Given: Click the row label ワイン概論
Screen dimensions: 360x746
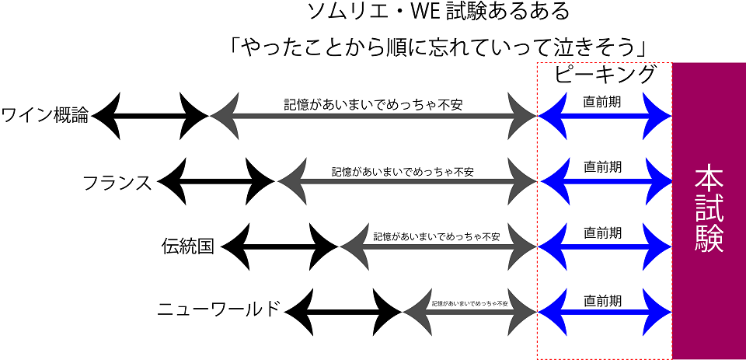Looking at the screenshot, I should click(46, 117).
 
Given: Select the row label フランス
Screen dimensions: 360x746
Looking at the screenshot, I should click(117, 183).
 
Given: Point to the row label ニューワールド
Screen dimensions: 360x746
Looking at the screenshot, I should click(218, 309).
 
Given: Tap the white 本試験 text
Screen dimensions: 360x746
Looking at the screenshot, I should click(709, 207).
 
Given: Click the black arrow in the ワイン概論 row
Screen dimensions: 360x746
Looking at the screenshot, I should click(150, 117).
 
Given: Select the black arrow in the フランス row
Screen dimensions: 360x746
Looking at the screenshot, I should click(217, 183).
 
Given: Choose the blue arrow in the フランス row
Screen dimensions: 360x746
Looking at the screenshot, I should click(605, 183).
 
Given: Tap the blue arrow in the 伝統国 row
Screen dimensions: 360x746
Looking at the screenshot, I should click(605, 248).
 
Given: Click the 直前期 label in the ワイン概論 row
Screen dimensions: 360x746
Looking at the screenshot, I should click(603, 100).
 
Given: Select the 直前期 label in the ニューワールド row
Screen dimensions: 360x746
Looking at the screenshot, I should click(603, 298).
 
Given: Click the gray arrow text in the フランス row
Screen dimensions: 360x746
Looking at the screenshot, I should click(403, 170).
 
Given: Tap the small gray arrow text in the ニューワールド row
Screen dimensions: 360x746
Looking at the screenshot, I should click(470, 302).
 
